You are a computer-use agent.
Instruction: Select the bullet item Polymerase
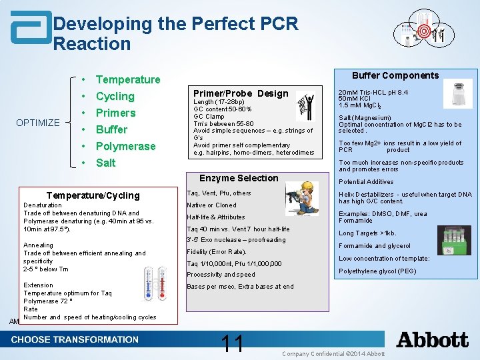coord(125,146)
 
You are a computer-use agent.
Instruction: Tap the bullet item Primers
coord(115,113)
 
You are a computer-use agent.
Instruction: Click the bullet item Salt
coord(105,163)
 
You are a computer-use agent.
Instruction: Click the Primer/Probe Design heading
coord(241,94)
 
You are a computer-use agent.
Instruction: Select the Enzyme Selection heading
coord(239,178)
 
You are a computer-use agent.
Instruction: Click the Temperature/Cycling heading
coord(93,195)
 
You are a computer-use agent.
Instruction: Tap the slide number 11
coord(233,343)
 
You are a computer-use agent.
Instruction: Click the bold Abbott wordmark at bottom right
coord(432,340)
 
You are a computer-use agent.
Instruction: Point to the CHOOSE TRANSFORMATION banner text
coord(75,339)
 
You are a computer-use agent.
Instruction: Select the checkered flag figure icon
coord(305,106)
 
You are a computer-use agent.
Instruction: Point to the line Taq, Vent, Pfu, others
coord(219,193)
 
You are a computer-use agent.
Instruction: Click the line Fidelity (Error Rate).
coord(216,252)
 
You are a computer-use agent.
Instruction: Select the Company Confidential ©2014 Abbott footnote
coord(333,353)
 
